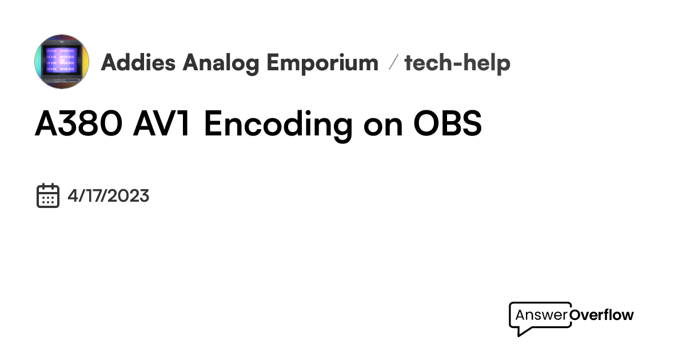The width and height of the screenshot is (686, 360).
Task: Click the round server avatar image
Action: point(62,62)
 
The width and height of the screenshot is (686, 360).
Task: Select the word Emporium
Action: point(323,63)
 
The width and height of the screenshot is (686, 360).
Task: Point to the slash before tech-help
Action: point(392,63)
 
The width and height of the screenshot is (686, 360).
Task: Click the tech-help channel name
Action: point(457,63)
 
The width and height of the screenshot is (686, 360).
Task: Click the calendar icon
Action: point(48,195)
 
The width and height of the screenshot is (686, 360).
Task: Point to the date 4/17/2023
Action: point(108,196)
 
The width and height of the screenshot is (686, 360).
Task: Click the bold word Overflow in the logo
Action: point(602,315)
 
